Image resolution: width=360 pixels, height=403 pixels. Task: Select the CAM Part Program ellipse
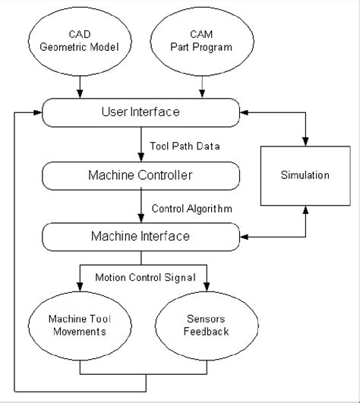[x=201, y=44]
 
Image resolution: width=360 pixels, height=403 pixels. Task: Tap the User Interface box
[x=141, y=112]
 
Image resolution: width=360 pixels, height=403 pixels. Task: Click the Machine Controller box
[x=141, y=175]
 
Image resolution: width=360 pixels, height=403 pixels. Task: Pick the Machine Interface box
[x=141, y=237]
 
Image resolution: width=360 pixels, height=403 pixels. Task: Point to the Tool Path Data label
[x=185, y=146]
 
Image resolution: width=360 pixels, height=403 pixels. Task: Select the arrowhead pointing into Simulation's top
[x=306, y=142]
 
